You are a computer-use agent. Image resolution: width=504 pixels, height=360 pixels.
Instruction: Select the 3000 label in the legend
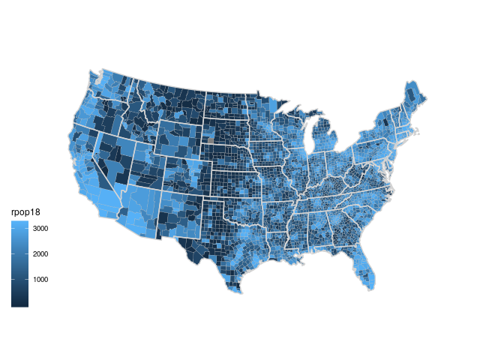pyautogui.click(x=40, y=228)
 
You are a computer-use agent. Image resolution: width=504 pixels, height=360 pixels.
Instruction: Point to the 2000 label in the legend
pyautogui.click(x=40, y=254)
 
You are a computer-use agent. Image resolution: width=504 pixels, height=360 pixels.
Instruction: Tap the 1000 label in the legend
pyautogui.click(x=40, y=280)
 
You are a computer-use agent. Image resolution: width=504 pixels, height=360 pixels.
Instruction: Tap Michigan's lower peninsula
pyautogui.click(x=327, y=142)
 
